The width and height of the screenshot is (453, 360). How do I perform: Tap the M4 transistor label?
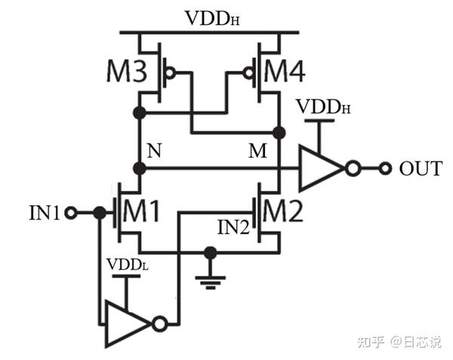pyautogui.click(x=286, y=72)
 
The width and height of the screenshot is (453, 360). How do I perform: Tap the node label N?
pyautogui.click(x=154, y=150)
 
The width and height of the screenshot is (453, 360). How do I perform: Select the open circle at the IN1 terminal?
pyautogui.click(x=72, y=213)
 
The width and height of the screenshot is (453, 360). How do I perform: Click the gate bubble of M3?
pyautogui.click(x=171, y=73)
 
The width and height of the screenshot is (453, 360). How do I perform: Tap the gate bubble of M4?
pyautogui.click(x=246, y=73)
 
